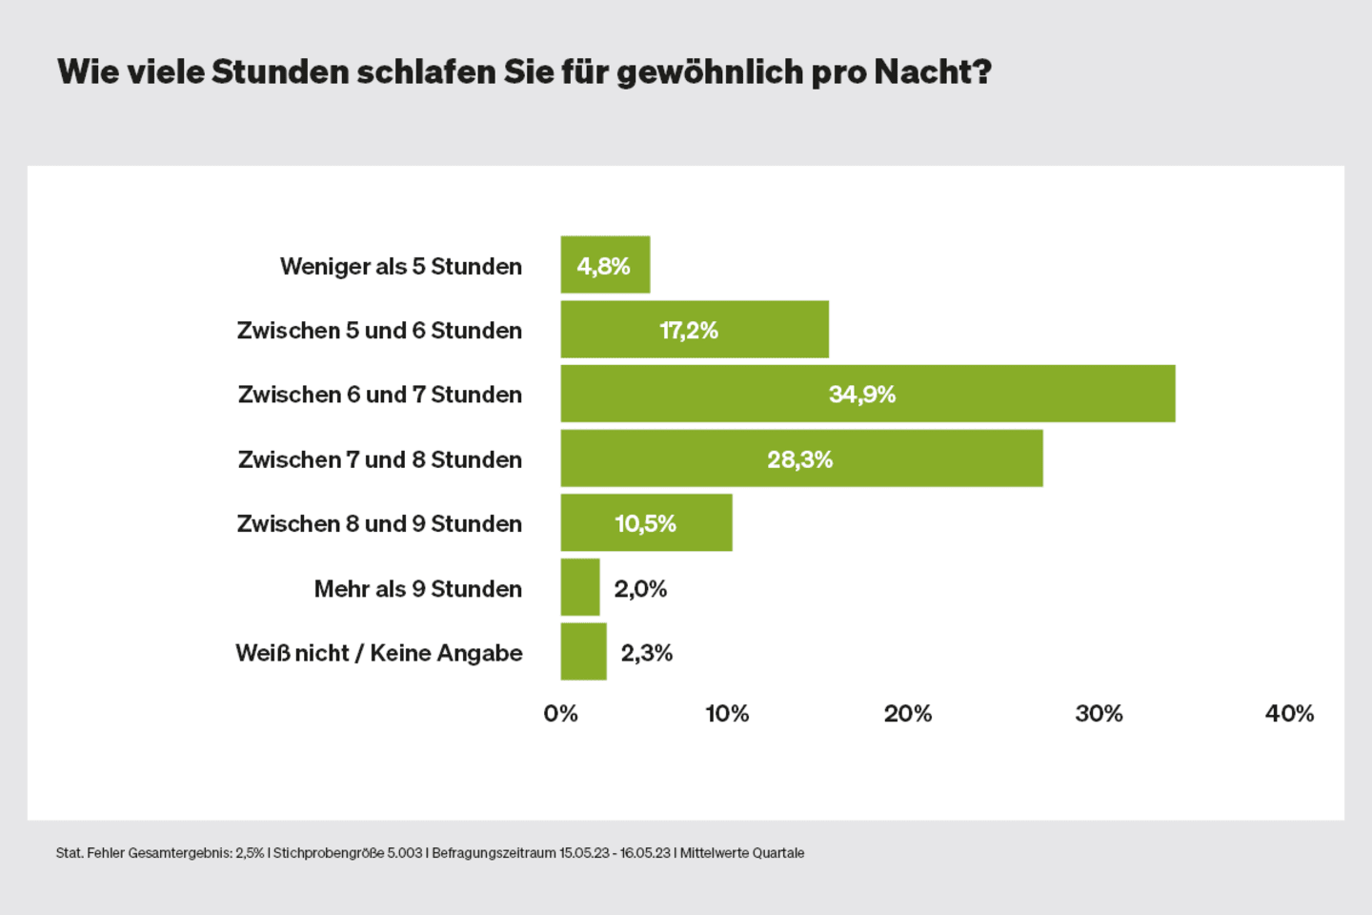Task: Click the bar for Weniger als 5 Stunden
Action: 605,265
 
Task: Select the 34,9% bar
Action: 867,394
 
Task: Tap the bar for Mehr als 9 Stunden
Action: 580,587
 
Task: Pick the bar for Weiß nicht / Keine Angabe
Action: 583,652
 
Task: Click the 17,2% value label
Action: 689,331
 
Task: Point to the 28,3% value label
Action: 800,459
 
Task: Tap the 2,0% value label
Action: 640,589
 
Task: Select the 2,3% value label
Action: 647,653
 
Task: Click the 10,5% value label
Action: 646,523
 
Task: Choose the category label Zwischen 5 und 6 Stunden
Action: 379,331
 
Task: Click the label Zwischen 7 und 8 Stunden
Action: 380,459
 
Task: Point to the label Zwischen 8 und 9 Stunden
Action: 379,523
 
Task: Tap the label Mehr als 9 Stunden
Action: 418,589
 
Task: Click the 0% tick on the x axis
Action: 560,714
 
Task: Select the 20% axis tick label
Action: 908,714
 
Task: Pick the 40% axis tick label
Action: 1289,714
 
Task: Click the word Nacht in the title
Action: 922,71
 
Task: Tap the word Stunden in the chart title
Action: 280,71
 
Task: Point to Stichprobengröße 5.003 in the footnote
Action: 348,853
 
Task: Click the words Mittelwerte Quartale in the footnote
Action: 742,853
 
